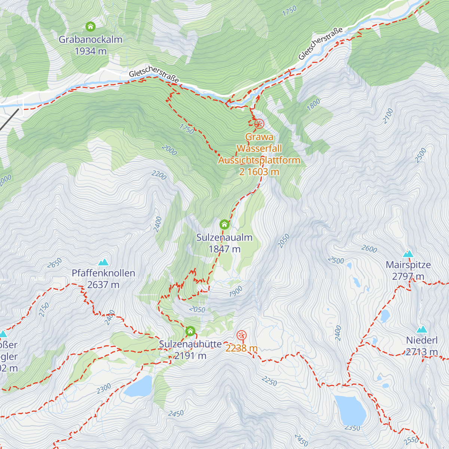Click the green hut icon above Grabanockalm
click(x=90, y=27)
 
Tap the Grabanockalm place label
click(x=91, y=39)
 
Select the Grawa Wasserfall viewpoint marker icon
click(x=259, y=124)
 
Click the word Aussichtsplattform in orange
click(x=259, y=160)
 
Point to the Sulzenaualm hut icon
click(x=224, y=224)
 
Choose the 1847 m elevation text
click(x=224, y=249)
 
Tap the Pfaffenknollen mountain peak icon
click(x=103, y=262)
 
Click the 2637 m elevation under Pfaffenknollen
click(x=103, y=285)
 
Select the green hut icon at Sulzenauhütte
click(x=190, y=331)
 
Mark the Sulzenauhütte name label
click(x=190, y=344)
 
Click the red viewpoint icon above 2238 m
click(x=242, y=335)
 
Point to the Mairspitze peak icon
click(x=408, y=254)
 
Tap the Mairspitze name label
click(x=408, y=265)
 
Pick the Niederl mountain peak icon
click(x=422, y=329)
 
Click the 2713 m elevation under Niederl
click(x=422, y=352)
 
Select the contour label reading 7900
click(x=236, y=291)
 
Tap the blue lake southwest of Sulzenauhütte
click(x=138, y=387)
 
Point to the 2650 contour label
click(x=55, y=263)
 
